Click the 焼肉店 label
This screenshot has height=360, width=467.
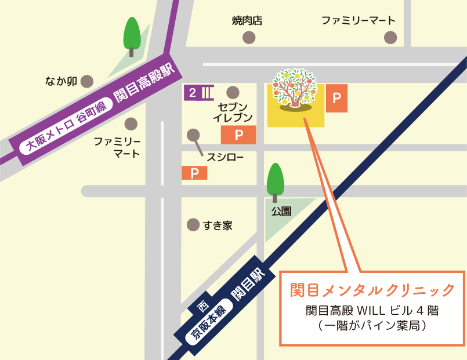tap(247, 21)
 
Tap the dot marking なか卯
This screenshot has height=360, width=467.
tap(86, 81)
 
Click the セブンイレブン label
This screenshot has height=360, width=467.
tap(233, 112)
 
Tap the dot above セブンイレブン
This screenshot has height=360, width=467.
tap(233, 92)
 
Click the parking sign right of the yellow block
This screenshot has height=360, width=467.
tap(336, 98)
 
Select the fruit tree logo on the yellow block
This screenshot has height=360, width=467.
tap(295, 89)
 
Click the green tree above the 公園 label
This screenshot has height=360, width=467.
tap(275, 180)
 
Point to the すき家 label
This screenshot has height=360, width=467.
tap(218, 226)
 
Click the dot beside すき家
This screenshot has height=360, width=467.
tap(193, 225)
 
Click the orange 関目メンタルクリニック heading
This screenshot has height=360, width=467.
tap(372, 289)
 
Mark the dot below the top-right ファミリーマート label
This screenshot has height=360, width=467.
tap(390, 38)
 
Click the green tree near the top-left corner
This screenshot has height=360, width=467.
tap(132, 35)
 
